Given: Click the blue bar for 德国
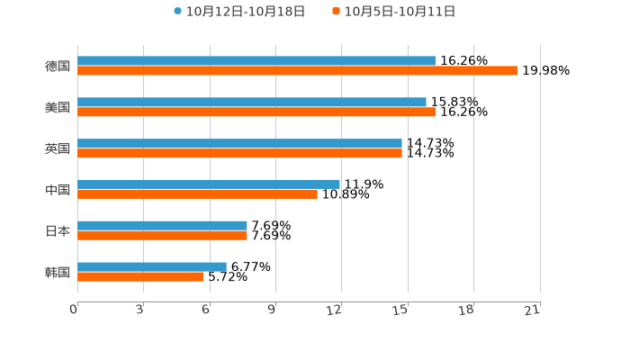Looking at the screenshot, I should [256, 61].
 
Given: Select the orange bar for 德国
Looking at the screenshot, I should [298, 71].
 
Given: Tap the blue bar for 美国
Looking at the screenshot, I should [252, 103].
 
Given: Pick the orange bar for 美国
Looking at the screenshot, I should [256, 112].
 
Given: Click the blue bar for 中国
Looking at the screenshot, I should [209, 184].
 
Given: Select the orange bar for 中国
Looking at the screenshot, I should [197, 194].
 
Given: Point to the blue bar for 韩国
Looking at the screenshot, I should [152, 266].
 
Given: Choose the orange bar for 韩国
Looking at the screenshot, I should [140, 276].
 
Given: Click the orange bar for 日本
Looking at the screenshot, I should [162, 236].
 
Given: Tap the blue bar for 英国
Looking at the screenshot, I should [239, 144].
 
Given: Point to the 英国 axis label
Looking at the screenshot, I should [58, 148].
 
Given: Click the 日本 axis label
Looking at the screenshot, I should [58, 230].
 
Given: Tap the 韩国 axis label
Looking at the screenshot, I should [58, 272].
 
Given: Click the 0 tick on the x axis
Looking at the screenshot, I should [75, 310].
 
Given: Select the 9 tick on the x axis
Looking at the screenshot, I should [272, 310].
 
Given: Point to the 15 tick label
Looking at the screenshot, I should [401, 310].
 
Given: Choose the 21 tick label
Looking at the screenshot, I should [533, 310].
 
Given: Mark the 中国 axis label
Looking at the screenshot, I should [58, 190].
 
